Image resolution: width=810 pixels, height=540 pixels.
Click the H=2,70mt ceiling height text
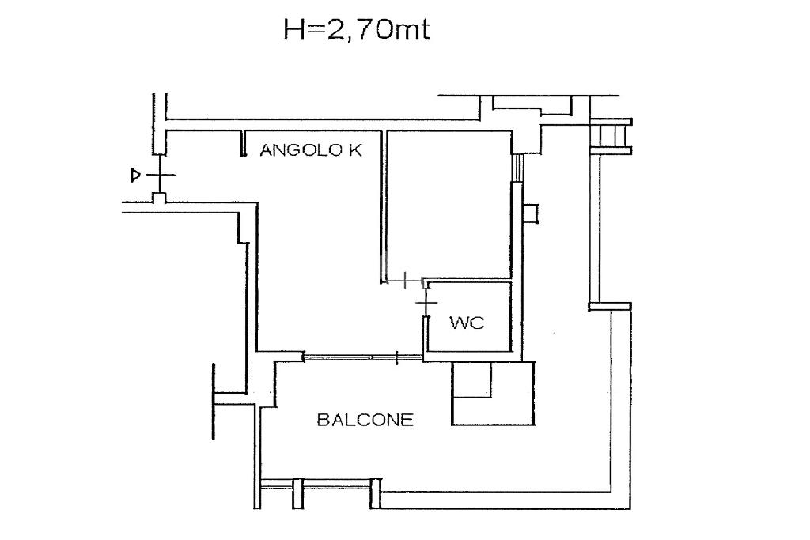[x=357, y=30]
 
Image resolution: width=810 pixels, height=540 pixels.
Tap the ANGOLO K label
[x=311, y=150]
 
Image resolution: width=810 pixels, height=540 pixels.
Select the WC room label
[x=467, y=323]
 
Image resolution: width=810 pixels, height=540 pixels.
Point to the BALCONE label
[x=365, y=419]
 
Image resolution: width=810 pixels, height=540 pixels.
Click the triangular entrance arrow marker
[x=135, y=176]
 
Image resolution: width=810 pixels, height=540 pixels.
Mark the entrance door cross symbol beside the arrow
[x=160, y=175]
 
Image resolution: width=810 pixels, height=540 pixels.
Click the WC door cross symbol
[x=426, y=302]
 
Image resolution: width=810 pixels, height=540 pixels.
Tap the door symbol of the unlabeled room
[x=406, y=281]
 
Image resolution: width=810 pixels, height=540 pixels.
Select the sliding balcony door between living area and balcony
[x=363, y=357]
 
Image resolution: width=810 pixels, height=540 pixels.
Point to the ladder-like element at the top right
[x=611, y=137]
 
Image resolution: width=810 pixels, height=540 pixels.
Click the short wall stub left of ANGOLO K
[x=244, y=143]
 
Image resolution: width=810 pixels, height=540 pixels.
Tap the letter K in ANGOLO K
[x=356, y=150]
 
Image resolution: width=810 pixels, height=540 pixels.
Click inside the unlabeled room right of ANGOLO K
[x=449, y=204]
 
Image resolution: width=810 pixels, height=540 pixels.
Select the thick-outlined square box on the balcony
[x=494, y=394]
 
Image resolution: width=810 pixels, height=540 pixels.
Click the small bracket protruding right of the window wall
[x=531, y=213]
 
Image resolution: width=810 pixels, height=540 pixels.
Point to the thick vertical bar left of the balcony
[x=214, y=402]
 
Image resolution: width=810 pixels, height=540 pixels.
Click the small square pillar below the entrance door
[x=160, y=198]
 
